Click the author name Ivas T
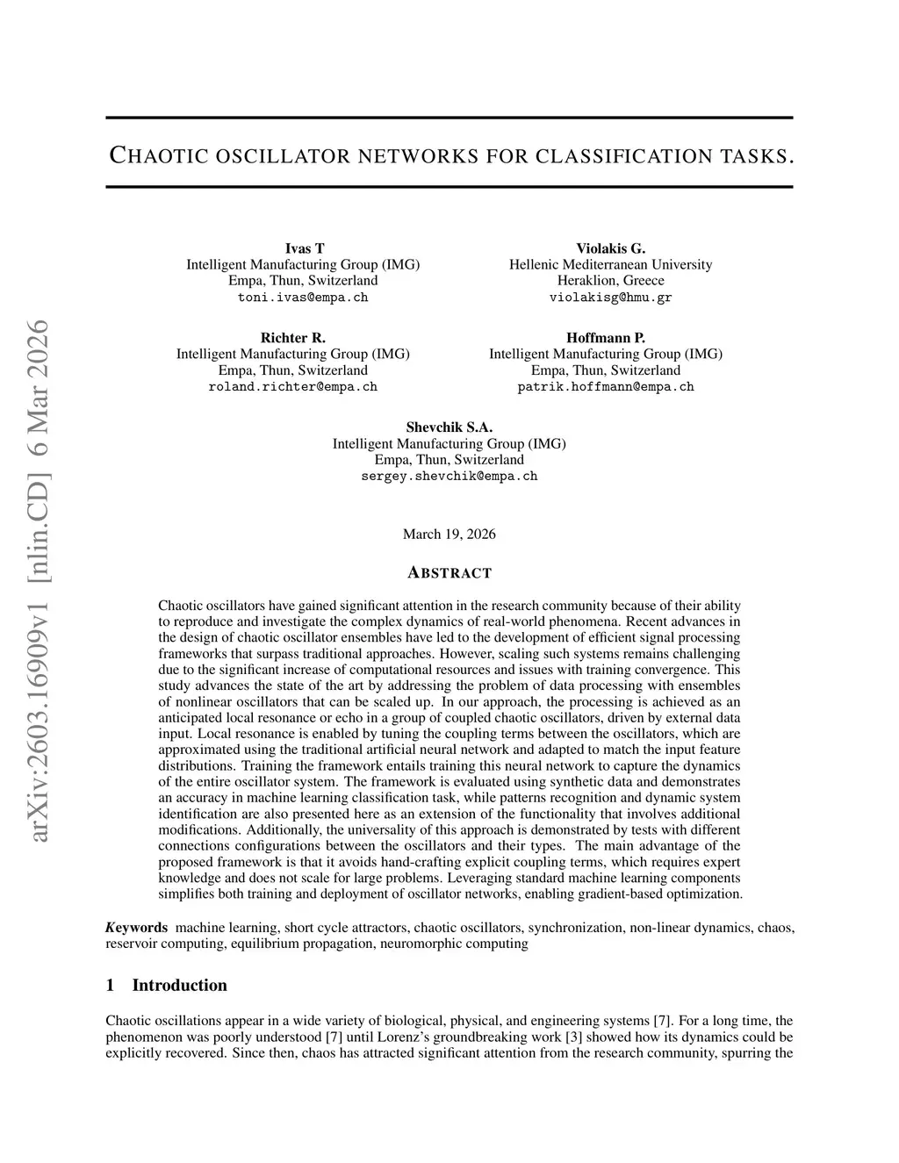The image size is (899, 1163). click(x=305, y=248)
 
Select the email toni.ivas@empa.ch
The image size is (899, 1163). click(x=303, y=298)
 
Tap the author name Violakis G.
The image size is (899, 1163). click(x=610, y=248)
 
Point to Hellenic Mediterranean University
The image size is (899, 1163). click(x=610, y=264)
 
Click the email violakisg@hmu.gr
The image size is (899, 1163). click(x=610, y=298)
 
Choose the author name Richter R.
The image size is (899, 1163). click(x=292, y=338)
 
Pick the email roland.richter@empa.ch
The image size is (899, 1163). click(x=292, y=387)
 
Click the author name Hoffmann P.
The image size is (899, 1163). click(x=606, y=338)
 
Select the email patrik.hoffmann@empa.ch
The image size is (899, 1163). click(x=606, y=387)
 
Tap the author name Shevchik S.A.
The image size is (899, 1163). click(x=449, y=427)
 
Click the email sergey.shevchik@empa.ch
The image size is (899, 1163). click(x=449, y=477)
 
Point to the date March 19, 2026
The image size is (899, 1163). click(x=449, y=535)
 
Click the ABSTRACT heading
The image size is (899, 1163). click(x=449, y=573)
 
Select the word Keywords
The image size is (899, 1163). click(x=137, y=928)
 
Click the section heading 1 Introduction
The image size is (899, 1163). click(x=166, y=985)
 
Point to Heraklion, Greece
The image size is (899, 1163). click(x=610, y=281)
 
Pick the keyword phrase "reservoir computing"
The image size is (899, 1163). click(x=165, y=944)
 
